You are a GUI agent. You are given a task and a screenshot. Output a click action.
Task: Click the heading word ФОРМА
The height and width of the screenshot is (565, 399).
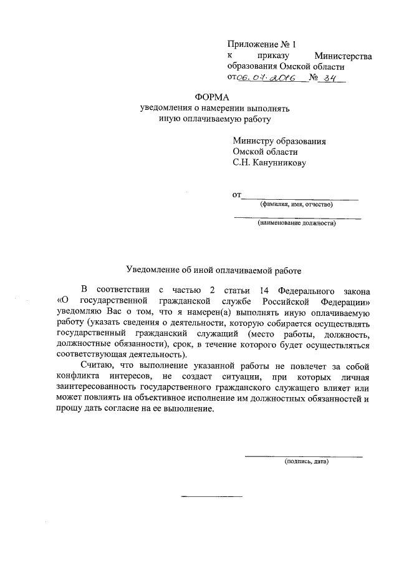pos(213,97)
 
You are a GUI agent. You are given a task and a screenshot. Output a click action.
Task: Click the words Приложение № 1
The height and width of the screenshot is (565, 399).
pos(263,44)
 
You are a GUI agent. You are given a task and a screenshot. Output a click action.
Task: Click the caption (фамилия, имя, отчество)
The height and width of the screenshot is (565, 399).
pos(296,204)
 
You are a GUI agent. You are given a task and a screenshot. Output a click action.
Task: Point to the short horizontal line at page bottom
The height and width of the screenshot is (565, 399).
pos(211,496)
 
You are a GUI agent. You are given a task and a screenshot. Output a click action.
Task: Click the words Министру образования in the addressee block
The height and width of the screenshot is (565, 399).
pos(279,141)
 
